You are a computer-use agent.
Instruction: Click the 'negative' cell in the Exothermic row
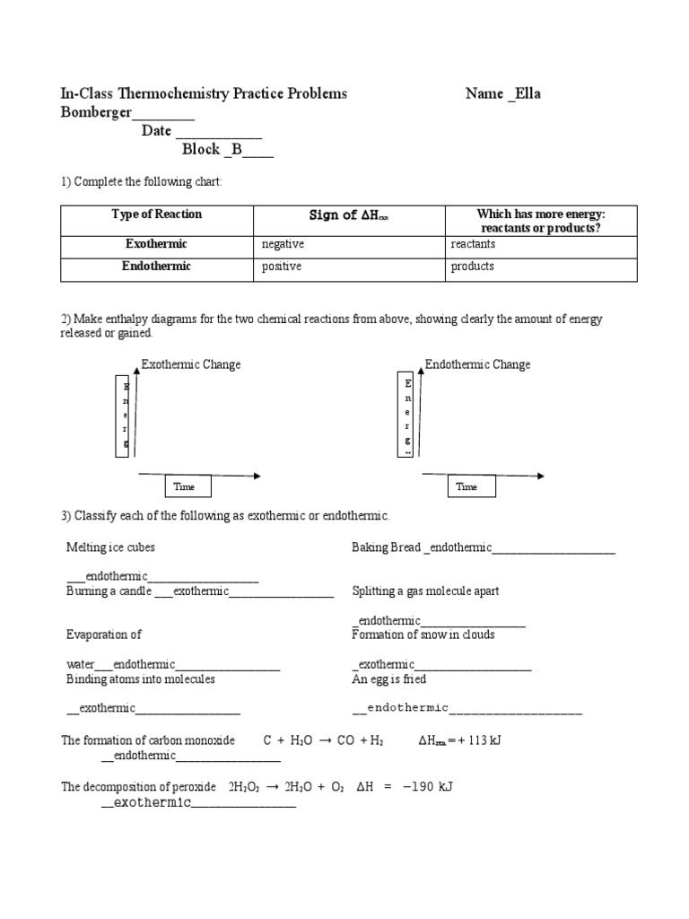[x=283, y=244]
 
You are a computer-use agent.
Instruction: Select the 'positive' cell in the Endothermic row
[x=282, y=267]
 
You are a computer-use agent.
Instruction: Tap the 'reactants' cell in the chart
[x=472, y=244]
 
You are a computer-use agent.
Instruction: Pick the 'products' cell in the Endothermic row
[x=472, y=267]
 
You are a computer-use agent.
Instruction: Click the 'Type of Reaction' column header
[x=156, y=214]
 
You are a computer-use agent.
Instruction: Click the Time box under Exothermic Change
[x=184, y=486]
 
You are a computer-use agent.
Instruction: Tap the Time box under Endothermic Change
[x=467, y=486]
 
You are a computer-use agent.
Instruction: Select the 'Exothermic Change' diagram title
[x=191, y=364]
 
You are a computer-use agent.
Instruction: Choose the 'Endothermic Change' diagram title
[x=477, y=364]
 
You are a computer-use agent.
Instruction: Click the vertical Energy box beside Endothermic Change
[x=408, y=415]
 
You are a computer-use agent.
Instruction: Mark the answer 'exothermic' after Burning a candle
[x=201, y=591]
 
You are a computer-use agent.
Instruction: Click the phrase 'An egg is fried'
[x=388, y=679]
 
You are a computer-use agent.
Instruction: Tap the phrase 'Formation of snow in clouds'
[x=423, y=635]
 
